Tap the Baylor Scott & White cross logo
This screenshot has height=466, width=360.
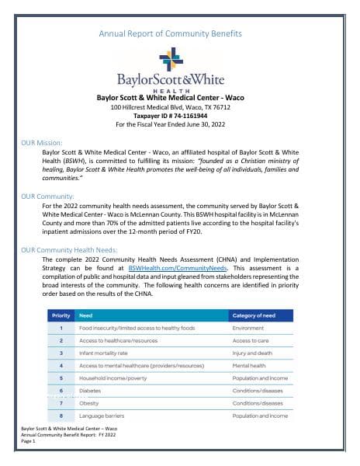[171, 59]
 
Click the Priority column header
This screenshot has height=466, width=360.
[61, 315]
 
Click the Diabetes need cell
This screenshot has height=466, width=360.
[91, 390]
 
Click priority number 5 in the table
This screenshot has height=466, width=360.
[61, 377]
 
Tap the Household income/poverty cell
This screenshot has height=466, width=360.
[112, 377]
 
